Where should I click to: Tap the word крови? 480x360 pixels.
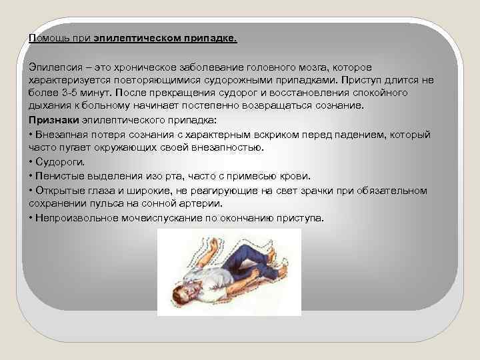point(296,176)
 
